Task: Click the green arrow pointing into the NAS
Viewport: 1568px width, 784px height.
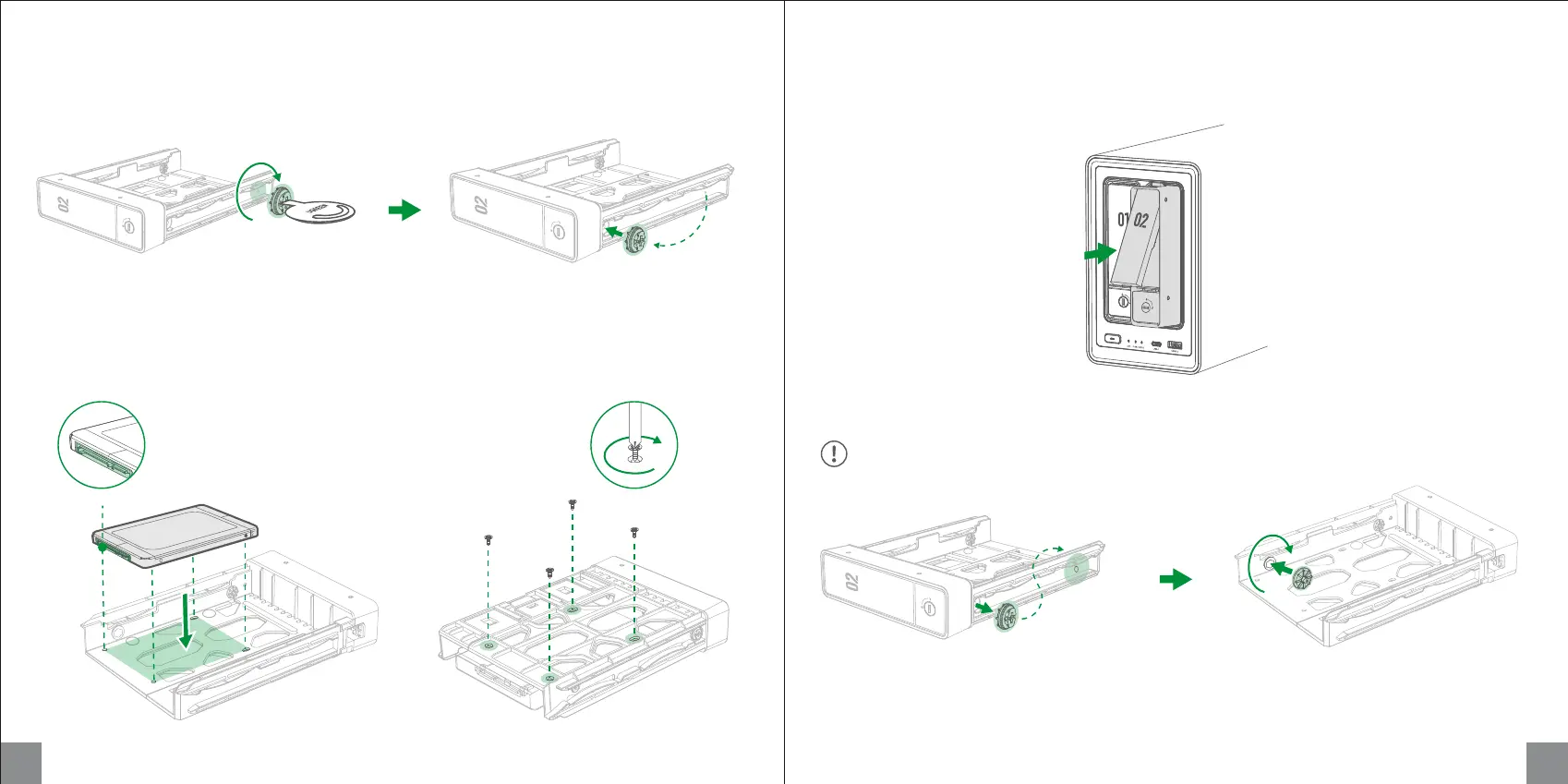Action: click(1099, 251)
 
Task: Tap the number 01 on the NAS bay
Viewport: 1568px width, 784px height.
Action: click(1122, 220)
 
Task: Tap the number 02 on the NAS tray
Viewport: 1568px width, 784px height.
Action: click(1141, 220)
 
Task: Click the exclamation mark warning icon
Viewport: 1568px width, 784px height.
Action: click(834, 453)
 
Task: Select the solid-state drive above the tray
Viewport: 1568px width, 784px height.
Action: click(175, 532)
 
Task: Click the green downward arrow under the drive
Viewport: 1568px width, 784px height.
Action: click(187, 622)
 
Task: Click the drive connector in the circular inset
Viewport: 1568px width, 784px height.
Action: click(97, 453)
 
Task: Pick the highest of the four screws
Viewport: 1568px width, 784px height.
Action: click(573, 503)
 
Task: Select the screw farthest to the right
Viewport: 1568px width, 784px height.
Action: click(634, 531)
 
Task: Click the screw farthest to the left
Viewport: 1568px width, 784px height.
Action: click(488, 538)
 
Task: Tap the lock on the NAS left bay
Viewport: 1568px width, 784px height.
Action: click(1123, 301)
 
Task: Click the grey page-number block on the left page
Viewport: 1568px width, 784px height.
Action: click(21, 763)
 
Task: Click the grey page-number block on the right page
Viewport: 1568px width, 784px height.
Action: click(1547, 763)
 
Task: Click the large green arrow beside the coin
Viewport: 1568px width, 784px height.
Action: click(404, 211)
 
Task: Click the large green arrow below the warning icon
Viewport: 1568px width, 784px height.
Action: click(1175, 580)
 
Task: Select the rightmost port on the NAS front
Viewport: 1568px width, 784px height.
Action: click(1175, 344)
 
